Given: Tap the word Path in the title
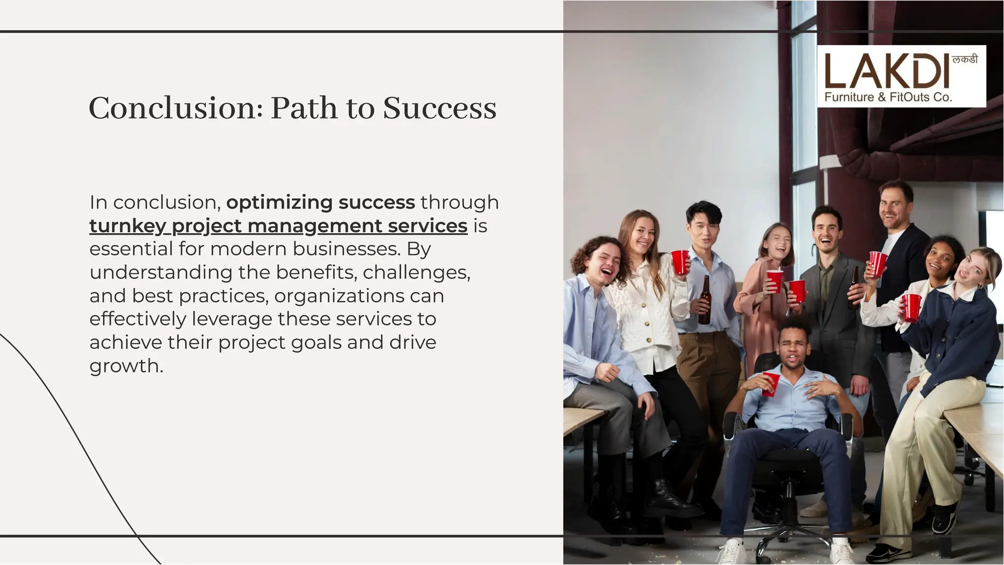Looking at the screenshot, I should point(303,108).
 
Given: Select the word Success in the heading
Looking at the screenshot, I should point(439,108).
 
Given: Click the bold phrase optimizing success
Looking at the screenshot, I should point(321,202).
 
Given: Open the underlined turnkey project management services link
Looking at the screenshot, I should point(278,226).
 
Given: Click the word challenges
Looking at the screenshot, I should point(416,272).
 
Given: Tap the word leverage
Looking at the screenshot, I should point(232,319).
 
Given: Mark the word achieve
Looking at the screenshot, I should point(125,343).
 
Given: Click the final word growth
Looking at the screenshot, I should point(126,366).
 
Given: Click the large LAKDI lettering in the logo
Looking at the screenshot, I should point(886,72).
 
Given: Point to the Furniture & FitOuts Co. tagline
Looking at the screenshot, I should point(888,97).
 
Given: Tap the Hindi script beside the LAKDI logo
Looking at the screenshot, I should point(964,60).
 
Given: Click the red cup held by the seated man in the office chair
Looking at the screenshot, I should point(770,384).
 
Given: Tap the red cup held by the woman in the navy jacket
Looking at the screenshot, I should point(912,307).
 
